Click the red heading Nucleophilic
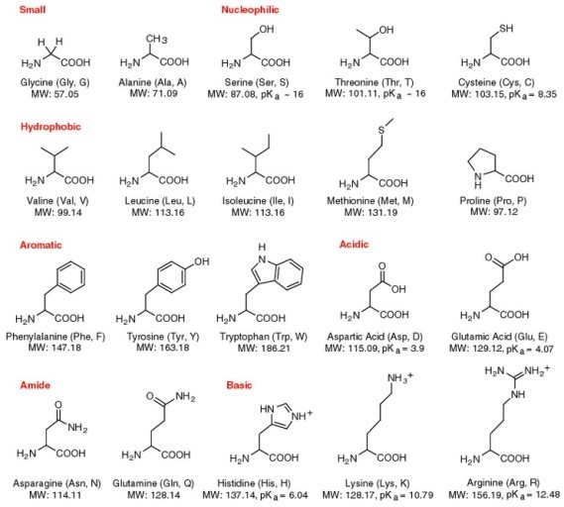coord(250,10)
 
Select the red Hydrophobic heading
coord(51,127)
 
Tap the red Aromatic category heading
coord(41,245)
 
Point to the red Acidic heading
coord(354,245)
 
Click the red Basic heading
coord(239,385)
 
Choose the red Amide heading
coord(35,385)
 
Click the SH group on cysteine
coord(507,29)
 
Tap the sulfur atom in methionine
coord(382,130)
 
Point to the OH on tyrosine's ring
coord(202,261)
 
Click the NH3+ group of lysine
coord(400,377)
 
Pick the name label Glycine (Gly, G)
coord(55,82)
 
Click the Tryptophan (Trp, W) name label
coord(264,337)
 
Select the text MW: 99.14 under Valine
coord(57,212)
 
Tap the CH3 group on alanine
coord(157,39)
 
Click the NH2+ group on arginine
coord(537,370)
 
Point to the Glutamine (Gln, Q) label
coord(154,483)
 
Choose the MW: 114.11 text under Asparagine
coord(56,495)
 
